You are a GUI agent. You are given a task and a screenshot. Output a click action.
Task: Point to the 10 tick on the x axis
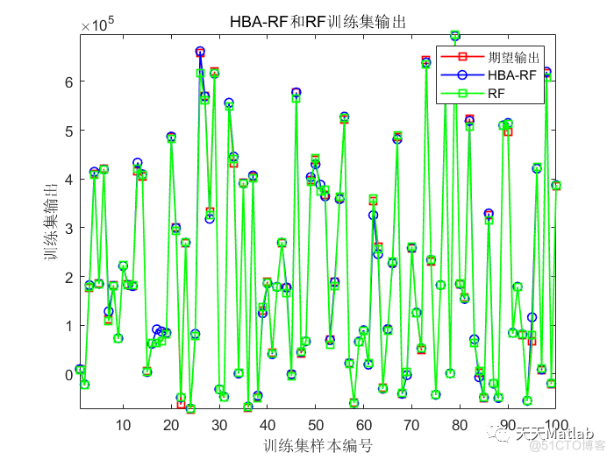point(123,425)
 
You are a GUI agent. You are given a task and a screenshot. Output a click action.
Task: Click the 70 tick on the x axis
point(411,425)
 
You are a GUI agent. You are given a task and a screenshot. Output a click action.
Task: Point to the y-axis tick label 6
point(70,81)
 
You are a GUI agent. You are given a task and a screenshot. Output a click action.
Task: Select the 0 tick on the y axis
point(70,375)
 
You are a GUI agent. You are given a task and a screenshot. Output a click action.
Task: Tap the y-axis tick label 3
point(70,228)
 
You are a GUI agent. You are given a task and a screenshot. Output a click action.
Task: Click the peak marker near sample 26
point(200,53)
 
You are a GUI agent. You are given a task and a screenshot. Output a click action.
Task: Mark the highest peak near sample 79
point(454,36)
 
